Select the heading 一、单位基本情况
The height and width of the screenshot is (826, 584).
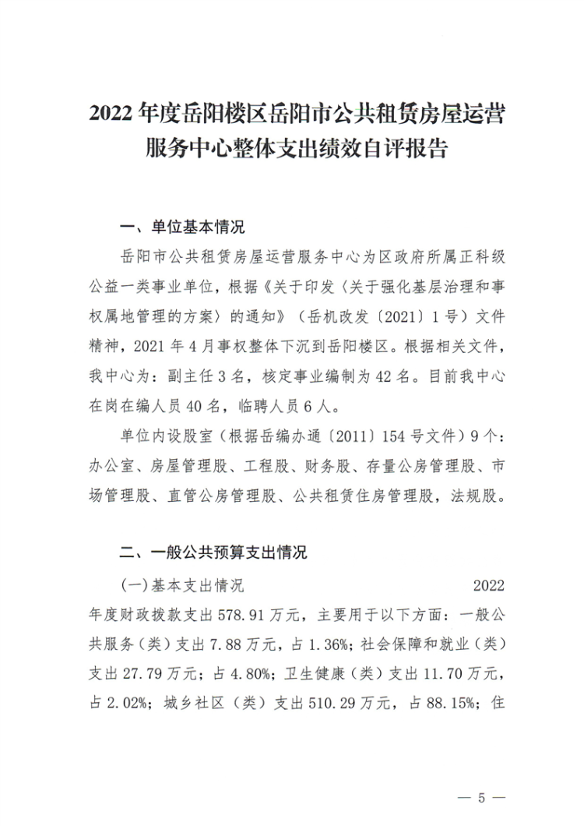pyautogui.click(x=181, y=228)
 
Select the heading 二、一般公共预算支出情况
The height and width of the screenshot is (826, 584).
pyautogui.click(x=212, y=552)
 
